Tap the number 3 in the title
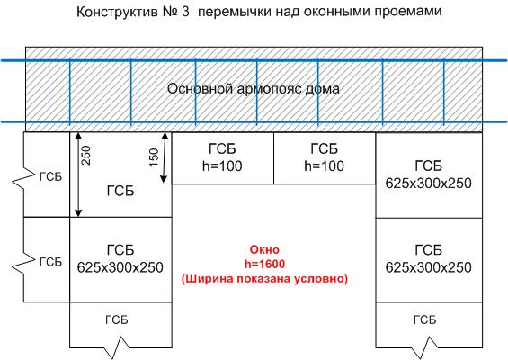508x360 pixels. tap(185, 12)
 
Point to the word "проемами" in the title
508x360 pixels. tap(408, 13)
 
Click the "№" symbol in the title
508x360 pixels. tap(168, 12)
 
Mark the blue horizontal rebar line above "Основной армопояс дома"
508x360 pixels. tap(254, 60)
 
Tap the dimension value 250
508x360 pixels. tap(86, 156)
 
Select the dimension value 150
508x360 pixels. tap(155, 157)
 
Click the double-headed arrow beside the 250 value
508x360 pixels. tap(78, 175)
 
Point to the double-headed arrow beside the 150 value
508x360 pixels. tap(165, 157)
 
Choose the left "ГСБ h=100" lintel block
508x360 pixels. tap(223, 158)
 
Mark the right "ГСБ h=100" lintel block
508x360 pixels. tap(325, 158)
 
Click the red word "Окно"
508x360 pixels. tap(264, 249)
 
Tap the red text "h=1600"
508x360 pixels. tap(264, 264)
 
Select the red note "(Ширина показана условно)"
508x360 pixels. tap(264, 279)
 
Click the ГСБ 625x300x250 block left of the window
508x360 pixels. tap(120, 260)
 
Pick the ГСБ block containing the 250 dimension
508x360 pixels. tap(120, 175)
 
